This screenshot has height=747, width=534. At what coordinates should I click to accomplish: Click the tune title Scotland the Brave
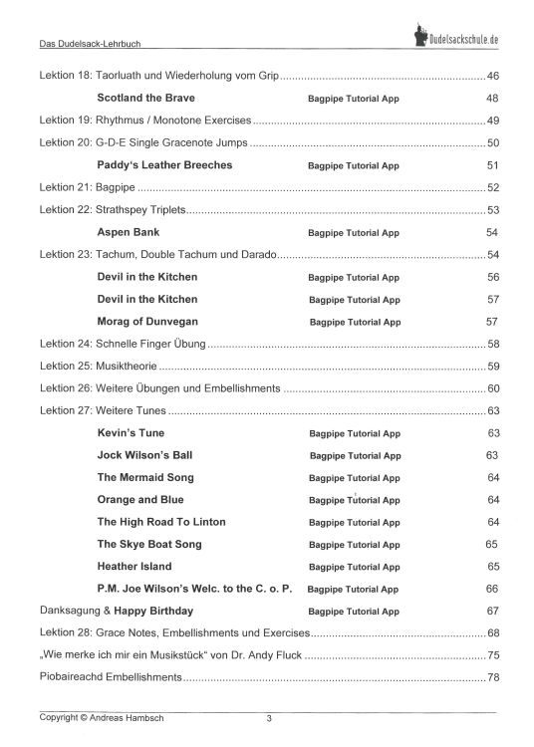coord(146,99)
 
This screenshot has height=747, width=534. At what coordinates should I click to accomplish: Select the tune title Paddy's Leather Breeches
coord(164,165)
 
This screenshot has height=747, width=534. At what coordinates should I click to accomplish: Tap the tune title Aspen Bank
coord(133,232)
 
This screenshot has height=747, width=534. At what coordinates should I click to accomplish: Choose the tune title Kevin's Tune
coord(132,433)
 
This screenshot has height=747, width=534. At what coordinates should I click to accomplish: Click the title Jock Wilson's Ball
coord(144,455)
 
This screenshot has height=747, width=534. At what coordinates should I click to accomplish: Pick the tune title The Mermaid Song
coord(145,478)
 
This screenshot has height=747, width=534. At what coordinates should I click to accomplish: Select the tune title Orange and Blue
coord(140,500)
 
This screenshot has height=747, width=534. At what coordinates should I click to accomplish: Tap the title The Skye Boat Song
coord(149,545)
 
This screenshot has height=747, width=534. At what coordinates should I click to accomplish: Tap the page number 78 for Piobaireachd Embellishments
coord(493,678)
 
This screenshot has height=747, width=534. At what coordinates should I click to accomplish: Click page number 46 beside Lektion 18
coord(493,77)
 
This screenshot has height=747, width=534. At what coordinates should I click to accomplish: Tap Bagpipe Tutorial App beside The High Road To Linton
coord(354,523)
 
